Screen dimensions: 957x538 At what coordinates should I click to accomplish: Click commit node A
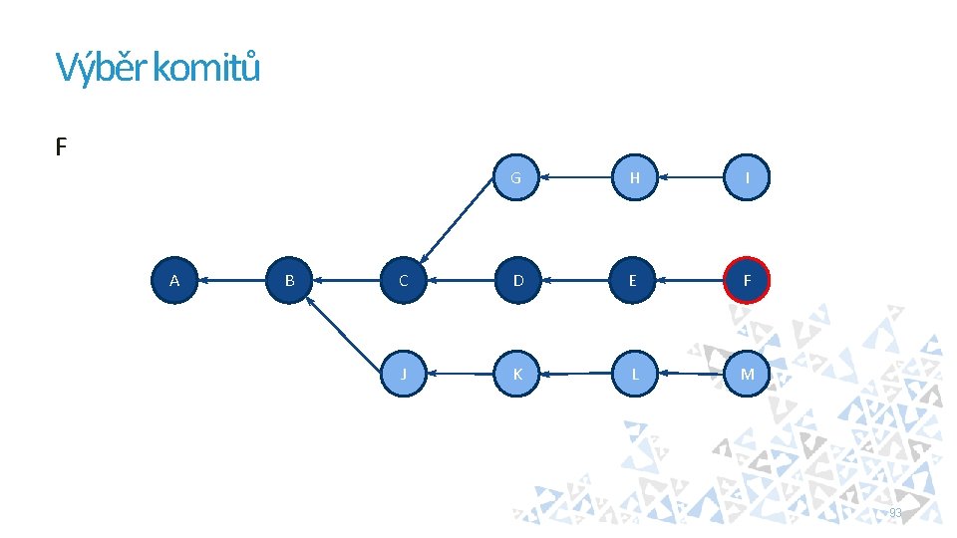coord(174,281)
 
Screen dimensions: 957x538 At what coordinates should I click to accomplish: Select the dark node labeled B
coord(289,281)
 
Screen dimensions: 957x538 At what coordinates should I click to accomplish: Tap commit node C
coord(403,281)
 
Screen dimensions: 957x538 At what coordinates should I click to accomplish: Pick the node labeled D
coord(517,281)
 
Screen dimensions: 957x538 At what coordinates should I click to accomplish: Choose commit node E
coord(632,281)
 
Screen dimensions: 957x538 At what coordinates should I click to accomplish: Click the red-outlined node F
coord(747,281)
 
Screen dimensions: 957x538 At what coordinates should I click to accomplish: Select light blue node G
coord(515,177)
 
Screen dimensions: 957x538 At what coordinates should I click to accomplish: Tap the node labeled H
coord(635,177)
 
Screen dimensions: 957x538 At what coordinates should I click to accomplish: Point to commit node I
coord(747,177)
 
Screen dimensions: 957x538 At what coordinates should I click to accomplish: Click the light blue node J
coord(403,374)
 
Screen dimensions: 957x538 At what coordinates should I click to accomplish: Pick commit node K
coord(516,374)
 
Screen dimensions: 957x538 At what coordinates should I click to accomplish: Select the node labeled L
coord(635,374)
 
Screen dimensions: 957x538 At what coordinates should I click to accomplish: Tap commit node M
coord(747,374)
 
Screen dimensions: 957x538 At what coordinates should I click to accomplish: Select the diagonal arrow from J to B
coord(343,334)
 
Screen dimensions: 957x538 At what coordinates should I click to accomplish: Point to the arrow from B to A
coord(232,281)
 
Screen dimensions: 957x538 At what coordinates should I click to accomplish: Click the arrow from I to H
coord(691,177)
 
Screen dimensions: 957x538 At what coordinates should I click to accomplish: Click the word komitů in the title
coord(206,67)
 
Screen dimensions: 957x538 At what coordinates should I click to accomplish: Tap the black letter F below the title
coord(61,147)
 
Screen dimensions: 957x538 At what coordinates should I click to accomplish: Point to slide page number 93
coord(895,512)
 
